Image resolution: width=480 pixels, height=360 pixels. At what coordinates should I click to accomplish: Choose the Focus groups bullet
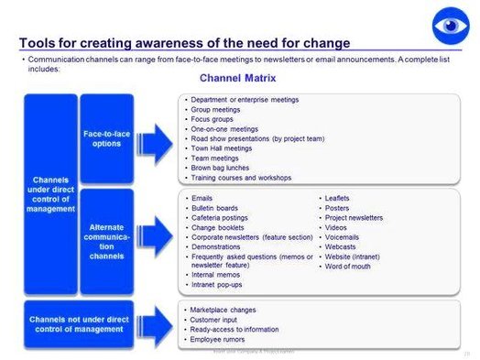(x=213, y=119)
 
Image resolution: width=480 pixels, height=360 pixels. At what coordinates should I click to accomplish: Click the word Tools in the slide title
(x=38, y=43)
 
